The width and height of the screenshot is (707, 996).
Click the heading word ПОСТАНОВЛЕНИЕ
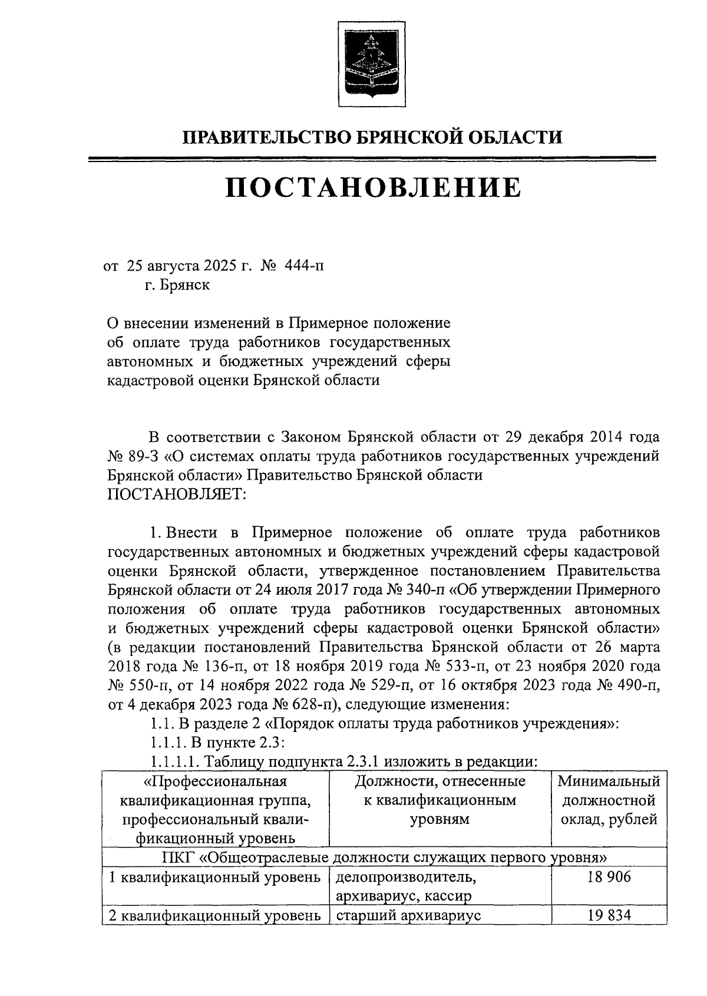pos(373,188)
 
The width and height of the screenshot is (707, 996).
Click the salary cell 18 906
pos(609,877)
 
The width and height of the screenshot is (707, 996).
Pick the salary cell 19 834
pos(609,915)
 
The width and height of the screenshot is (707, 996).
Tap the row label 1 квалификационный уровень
pos(216,878)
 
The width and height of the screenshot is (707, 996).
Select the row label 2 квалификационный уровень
pos(216,915)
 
